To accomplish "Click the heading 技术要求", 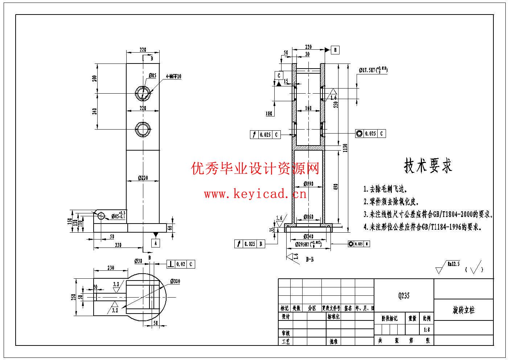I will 428,166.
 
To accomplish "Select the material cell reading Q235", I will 404,296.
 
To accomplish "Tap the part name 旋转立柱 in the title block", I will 464,310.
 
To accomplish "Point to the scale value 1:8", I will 427,330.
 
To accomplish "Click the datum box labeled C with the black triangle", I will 279,75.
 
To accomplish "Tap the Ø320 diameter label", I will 175,281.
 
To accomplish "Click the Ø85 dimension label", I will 152,76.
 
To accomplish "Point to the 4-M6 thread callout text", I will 173,76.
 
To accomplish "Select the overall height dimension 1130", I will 345,148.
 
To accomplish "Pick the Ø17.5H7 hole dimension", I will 373,70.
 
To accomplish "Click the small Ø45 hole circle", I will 100,216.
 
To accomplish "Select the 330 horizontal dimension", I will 118,245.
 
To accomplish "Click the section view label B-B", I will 310,259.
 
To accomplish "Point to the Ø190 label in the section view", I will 308,184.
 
